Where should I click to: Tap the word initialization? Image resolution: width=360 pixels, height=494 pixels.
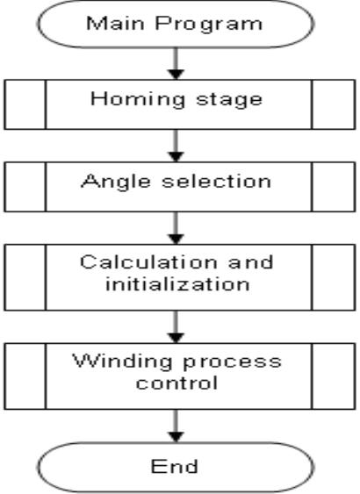pos(180,284)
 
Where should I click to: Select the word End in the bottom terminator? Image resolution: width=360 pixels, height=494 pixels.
pos(180,465)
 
